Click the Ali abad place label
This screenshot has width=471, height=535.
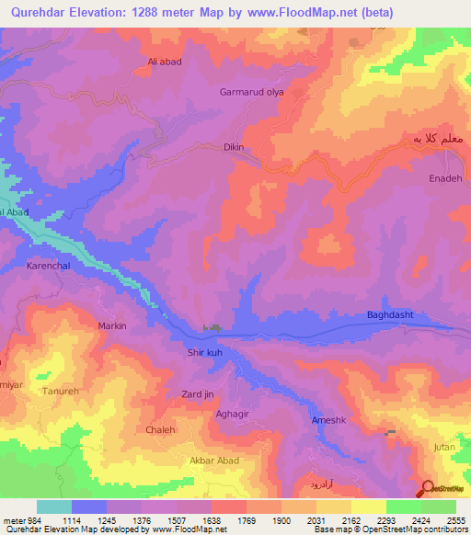(165, 62)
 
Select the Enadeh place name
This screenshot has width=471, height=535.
(445, 178)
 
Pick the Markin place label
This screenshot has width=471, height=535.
(111, 325)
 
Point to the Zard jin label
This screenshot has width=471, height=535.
(197, 394)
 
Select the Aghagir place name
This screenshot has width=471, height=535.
(232, 415)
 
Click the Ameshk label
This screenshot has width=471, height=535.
(328, 419)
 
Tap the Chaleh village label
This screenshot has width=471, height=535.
(160, 429)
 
